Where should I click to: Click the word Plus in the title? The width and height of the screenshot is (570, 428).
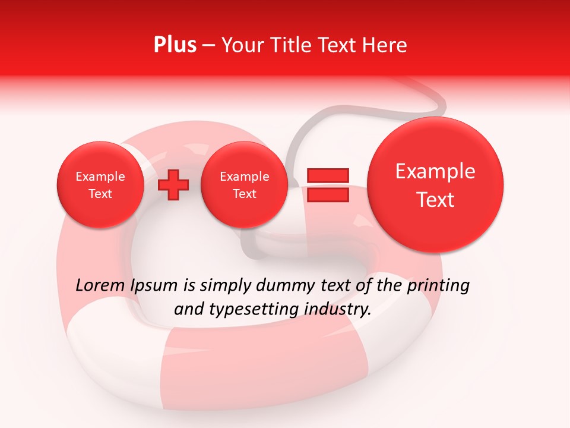point(175,45)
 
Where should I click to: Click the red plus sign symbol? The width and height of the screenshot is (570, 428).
point(173,184)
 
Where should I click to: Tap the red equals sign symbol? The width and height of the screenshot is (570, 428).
point(327,184)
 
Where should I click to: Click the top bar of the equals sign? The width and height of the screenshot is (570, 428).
point(327,175)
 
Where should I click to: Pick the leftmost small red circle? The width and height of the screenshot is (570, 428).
point(100,184)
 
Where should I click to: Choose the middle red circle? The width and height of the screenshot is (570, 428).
point(244,184)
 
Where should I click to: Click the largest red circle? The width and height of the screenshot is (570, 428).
point(435,185)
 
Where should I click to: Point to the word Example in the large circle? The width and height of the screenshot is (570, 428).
point(435,171)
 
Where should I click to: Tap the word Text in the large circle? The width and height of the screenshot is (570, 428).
point(435,200)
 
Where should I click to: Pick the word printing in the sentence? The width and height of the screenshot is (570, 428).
point(438,286)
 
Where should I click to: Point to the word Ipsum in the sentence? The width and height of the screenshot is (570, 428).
point(153,286)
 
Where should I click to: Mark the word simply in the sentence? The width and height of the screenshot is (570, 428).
point(226,286)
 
